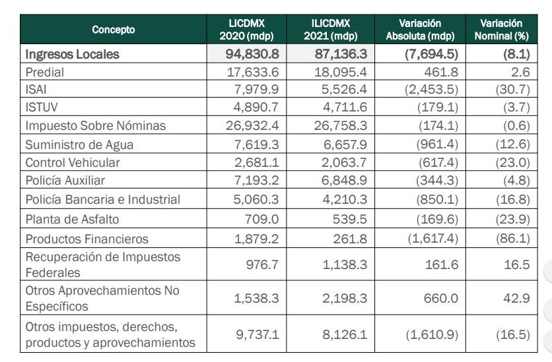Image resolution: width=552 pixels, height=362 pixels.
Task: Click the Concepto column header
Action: click(x=114, y=30)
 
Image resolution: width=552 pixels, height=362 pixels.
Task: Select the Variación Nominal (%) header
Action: click(x=501, y=30)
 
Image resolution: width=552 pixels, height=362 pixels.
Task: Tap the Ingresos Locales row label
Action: click(x=72, y=54)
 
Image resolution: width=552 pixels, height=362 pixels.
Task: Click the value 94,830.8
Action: click(x=252, y=54)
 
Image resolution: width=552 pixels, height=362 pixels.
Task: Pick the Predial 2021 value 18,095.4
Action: click(x=341, y=72)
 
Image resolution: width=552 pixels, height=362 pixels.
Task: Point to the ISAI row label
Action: click(x=36, y=89)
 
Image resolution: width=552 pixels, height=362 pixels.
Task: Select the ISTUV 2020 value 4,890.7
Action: click(x=256, y=107)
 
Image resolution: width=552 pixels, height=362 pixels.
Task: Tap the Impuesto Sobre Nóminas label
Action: click(x=95, y=125)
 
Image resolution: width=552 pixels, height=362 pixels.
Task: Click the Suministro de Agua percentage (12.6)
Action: click(x=512, y=144)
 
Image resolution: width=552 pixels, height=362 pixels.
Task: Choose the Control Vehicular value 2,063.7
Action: click(x=344, y=162)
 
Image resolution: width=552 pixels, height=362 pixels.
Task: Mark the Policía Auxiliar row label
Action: click(x=65, y=180)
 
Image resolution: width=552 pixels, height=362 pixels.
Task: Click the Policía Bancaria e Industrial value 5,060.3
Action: click(x=256, y=199)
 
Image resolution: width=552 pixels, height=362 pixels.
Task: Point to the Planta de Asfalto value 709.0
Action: click(x=262, y=219)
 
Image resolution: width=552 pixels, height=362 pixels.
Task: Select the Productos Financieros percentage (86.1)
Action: click(x=512, y=239)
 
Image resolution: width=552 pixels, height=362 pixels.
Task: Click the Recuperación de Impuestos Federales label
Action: click(x=103, y=264)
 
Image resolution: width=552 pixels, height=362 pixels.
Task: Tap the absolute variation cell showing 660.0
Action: click(x=441, y=298)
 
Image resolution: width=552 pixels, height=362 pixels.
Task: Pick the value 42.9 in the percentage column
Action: click(x=516, y=298)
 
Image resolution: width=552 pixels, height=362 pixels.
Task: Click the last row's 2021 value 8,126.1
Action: click(x=345, y=334)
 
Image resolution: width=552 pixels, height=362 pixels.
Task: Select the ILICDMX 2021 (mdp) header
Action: click(x=331, y=30)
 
